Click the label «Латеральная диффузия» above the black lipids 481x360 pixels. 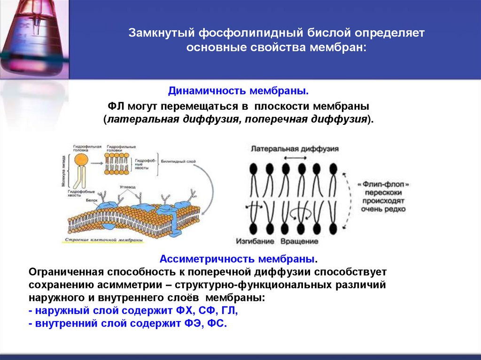point(295,148)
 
